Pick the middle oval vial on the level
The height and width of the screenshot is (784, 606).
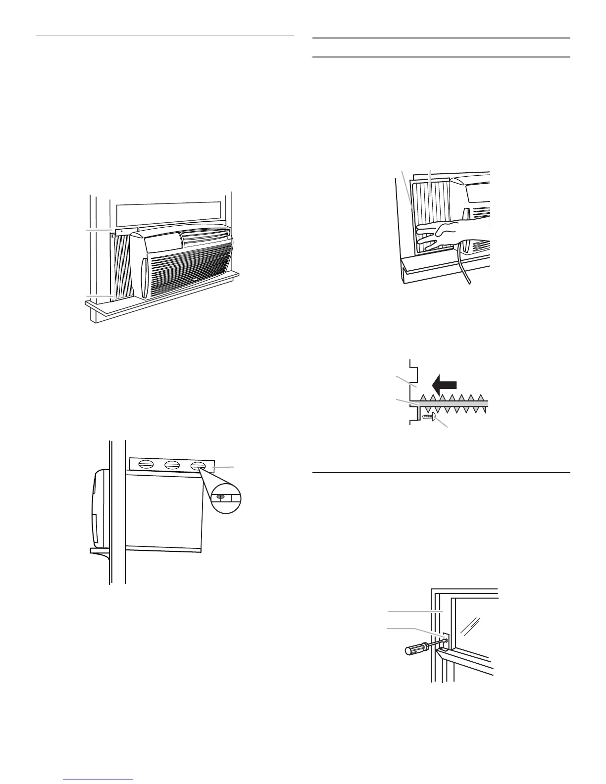click(x=172, y=465)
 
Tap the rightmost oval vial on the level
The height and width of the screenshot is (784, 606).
click(x=199, y=465)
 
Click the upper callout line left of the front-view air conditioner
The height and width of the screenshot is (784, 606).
click(x=99, y=231)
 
